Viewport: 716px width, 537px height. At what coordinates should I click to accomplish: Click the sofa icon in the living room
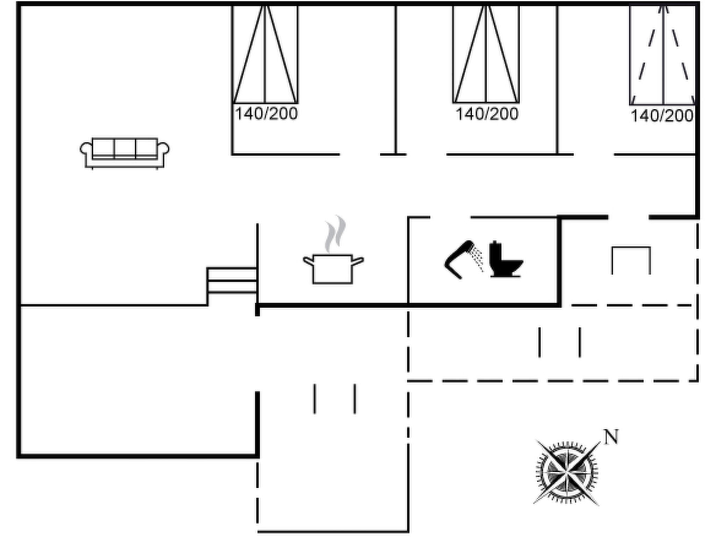pos(124,153)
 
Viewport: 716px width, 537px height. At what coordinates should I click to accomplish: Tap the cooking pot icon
pos(333,268)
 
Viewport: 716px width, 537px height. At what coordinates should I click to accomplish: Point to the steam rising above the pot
pos(335,234)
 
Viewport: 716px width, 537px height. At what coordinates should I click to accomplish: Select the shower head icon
pos(464,259)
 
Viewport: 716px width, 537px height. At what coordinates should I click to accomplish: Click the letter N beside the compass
pos(611,437)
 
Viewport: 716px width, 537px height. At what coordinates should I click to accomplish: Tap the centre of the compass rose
pos(567,473)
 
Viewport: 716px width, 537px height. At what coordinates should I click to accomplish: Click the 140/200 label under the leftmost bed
pos(266,114)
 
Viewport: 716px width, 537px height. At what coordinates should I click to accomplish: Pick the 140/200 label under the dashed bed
pos(662,116)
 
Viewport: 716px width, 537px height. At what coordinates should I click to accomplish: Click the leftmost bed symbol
pos(265,54)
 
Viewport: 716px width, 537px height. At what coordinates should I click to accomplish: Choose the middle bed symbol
pos(486,54)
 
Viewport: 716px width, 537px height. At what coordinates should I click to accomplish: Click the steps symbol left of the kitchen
pos(232,281)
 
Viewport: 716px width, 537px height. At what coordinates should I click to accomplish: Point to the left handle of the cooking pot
pos(308,261)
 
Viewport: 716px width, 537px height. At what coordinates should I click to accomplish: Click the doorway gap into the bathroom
pos(450,217)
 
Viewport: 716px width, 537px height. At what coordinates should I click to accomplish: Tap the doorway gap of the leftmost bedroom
pos(360,154)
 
